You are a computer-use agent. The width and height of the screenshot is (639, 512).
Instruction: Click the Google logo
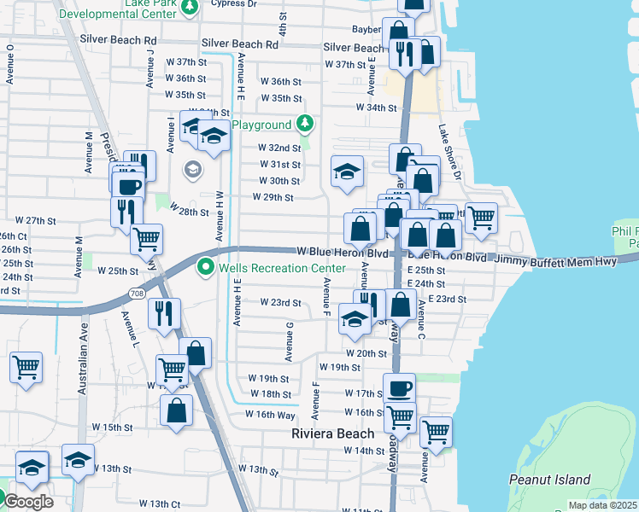[27, 501]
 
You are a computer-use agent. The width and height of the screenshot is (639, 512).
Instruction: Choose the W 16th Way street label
[270, 414]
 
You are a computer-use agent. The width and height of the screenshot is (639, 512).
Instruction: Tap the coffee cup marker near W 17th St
[399, 389]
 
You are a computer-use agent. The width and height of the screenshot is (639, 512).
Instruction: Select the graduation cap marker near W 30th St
[347, 172]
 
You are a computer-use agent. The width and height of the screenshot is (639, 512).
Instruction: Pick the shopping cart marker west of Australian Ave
[26, 368]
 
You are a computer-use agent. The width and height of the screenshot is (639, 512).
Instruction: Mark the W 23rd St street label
[280, 303]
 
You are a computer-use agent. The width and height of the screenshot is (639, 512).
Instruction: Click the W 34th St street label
[377, 108]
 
